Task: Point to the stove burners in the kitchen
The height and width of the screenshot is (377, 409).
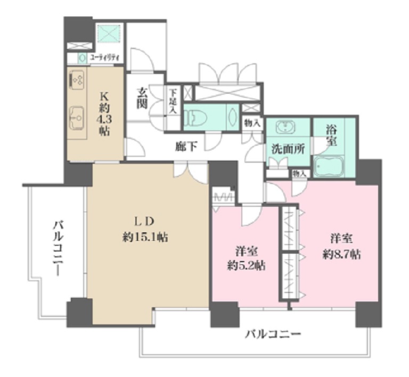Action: click(x=78, y=79)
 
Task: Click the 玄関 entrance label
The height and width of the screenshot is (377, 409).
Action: click(x=142, y=98)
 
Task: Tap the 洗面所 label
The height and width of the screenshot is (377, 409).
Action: click(x=288, y=148)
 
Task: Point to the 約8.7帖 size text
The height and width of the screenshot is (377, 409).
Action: click(x=341, y=254)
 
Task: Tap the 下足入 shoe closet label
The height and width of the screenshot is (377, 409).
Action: click(x=173, y=101)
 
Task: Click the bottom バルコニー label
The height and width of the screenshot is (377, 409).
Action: click(x=273, y=334)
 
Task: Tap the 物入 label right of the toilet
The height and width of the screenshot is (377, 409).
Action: click(x=252, y=123)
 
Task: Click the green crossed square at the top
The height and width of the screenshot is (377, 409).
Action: click(x=109, y=33)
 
